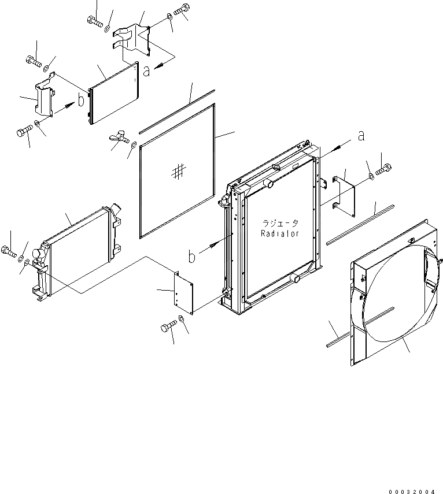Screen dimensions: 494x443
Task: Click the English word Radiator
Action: coord(279,233)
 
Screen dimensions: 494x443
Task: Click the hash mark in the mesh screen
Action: coord(179,170)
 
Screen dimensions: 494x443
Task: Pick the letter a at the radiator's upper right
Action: coord(361,136)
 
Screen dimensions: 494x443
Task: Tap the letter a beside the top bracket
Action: coord(147,71)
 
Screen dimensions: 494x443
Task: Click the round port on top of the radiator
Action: coord(268,184)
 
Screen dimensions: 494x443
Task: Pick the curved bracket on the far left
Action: coord(43,101)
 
